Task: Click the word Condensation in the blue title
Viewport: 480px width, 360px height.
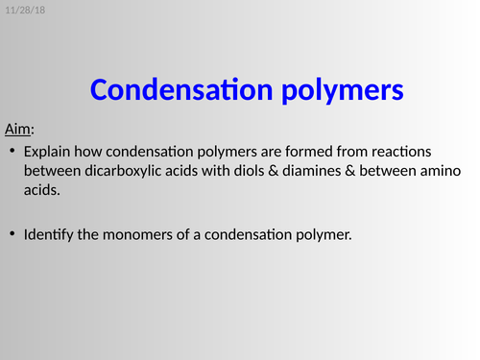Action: pos(180,90)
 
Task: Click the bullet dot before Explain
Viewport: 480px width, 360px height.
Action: pos(12,153)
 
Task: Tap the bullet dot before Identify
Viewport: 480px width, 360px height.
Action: pos(12,234)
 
